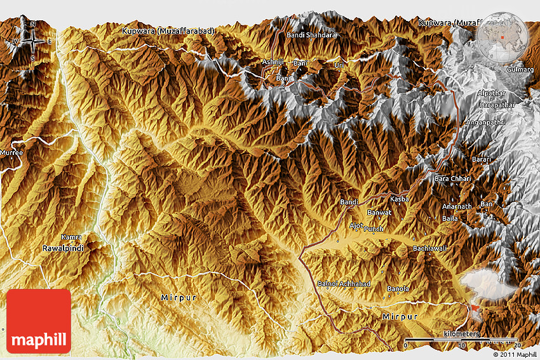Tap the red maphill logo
tap(39, 321)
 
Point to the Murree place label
tap(11, 153)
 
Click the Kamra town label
tap(71, 236)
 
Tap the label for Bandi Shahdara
tap(311, 35)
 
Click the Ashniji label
tap(274, 62)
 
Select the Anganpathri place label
tap(485, 122)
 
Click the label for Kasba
tap(399, 199)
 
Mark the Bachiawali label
tap(430, 248)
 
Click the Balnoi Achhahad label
tap(343, 283)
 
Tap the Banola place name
tap(398, 289)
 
